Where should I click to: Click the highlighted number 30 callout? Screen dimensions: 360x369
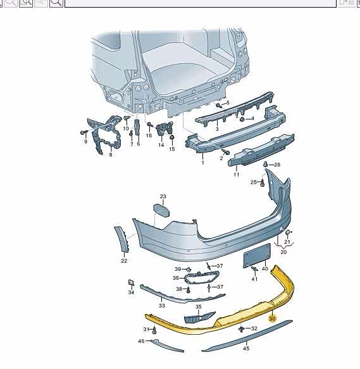pos(272,318)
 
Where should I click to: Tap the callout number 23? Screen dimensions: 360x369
pos(163,196)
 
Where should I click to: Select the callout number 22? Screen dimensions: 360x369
pos(124,261)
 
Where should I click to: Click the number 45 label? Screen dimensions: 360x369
pos(246,348)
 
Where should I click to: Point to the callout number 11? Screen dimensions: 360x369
pos(236,175)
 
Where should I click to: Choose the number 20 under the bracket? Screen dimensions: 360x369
pos(283,252)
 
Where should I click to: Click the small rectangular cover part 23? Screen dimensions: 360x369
pos(161,210)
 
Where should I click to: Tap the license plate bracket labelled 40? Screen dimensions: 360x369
pos(257,256)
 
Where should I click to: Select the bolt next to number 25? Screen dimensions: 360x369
pos(263,182)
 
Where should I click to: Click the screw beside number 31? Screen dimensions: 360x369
pos(154,330)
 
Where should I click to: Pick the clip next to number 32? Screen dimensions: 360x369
pos(242,328)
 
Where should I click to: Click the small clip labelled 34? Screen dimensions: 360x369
pos(131,282)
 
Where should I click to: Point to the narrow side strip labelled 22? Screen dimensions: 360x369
pos(122,239)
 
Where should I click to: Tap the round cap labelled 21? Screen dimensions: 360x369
pos(287,232)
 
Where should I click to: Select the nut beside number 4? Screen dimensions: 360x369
pos(242,120)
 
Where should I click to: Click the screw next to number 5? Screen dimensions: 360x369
pos(219,105)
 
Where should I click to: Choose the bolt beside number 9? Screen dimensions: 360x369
pos(84,133)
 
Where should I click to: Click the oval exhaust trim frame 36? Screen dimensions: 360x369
pos(202,277)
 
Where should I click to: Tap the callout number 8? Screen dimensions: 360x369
pos(111,155)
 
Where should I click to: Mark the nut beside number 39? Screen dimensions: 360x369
pos(189,270)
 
